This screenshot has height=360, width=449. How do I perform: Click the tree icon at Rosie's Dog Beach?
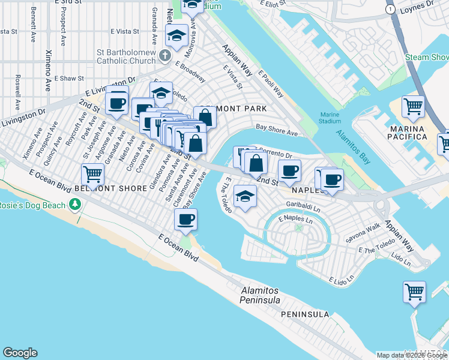pyautogui.click(x=75, y=205)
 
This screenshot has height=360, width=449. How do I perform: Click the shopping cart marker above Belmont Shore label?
pyautogui.click(x=93, y=175)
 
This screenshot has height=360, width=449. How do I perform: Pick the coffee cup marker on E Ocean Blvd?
pyautogui.click(x=186, y=219)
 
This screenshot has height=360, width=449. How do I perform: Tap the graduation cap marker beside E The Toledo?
pyautogui.click(x=245, y=197)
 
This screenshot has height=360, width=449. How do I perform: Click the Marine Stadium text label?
pyautogui.click(x=330, y=118)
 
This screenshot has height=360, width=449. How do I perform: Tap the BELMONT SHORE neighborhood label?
pyautogui.click(x=118, y=188)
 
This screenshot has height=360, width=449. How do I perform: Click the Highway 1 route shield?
pyautogui.click(x=391, y=10)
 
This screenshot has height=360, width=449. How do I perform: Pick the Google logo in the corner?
pyautogui.click(x=20, y=353)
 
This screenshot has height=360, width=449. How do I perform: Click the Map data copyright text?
pyautogui.click(x=411, y=355)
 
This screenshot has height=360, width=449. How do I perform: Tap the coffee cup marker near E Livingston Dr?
pyautogui.click(x=118, y=103)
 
